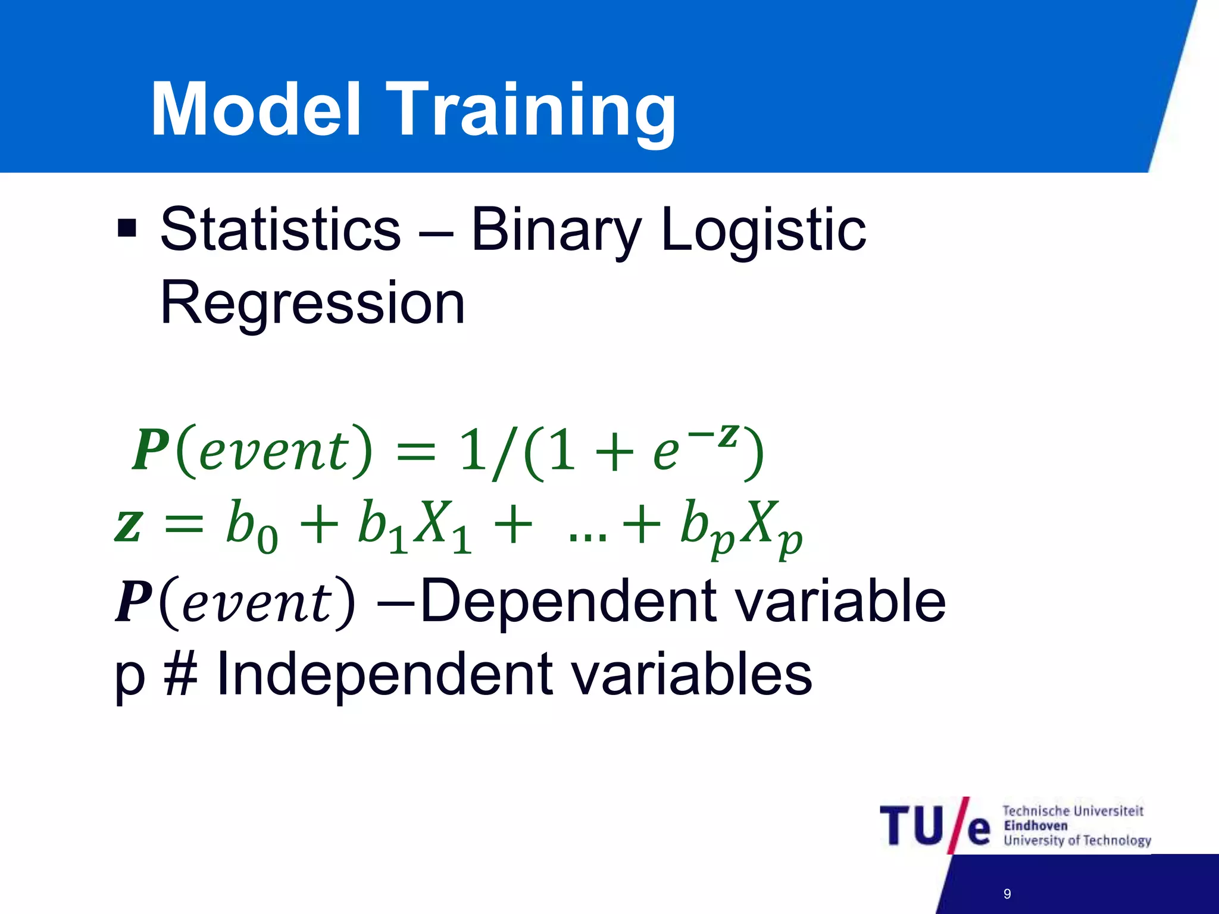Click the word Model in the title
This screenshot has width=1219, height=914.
point(256,110)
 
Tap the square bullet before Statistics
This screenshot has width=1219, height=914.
point(127,228)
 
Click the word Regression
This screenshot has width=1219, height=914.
point(312,303)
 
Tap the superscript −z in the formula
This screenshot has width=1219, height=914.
point(714,436)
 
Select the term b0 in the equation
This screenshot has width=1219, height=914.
point(251,527)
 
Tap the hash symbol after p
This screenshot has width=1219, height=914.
point(180,674)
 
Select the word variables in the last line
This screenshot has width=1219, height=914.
point(690,674)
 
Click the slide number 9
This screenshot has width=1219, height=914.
point(1007,894)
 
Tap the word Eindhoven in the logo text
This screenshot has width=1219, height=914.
point(1035,826)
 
